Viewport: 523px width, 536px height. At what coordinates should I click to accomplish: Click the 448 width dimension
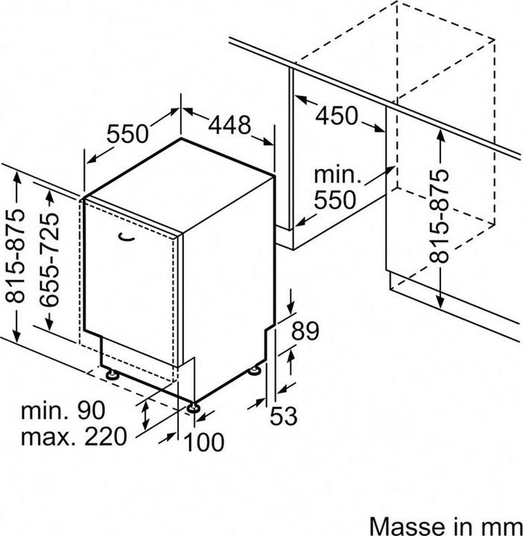pos(230,125)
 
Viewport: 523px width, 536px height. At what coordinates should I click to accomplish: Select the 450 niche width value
pos(337,115)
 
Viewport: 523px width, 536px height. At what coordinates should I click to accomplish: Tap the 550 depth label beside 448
pos(128,134)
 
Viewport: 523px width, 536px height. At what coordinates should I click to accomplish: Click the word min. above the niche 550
pos(337,175)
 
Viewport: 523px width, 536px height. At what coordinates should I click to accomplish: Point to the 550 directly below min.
pos(335,200)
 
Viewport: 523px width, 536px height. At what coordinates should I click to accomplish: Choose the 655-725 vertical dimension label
pos(49,259)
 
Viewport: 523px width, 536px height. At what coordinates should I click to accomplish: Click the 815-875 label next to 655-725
pos(16,255)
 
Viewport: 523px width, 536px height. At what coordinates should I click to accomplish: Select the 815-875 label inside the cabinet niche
pos(439,216)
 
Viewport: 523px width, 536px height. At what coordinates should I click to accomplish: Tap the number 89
pos(305,331)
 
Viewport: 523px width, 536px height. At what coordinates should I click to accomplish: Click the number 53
pos(284,416)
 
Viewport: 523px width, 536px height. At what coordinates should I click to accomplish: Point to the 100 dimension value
pos(204,442)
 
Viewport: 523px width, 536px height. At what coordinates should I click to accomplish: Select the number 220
pos(106,436)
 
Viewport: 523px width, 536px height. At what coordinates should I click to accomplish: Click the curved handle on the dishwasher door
pos(126,237)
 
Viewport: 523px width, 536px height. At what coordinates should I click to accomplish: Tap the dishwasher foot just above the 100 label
pos(193,407)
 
